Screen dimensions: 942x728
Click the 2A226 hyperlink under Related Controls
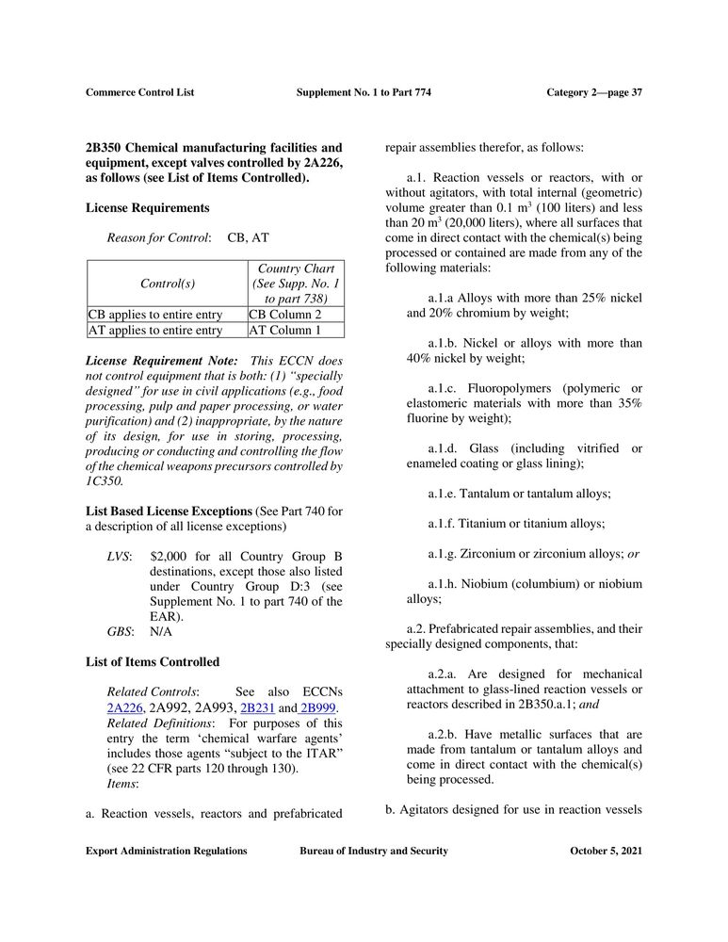(x=124, y=708)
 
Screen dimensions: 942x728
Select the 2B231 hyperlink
(x=257, y=708)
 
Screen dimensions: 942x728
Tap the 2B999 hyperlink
(x=318, y=708)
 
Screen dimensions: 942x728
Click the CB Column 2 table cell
(x=284, y=315)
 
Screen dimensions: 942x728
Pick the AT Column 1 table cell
(x=284, y=331)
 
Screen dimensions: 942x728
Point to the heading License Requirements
(x=147, y=207)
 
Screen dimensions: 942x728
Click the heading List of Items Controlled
(x=153, y=662)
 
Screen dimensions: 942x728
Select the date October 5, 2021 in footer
(x=606, y=851)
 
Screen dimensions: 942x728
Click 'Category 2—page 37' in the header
(x=593, y=92)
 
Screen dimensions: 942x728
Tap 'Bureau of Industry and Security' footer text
(x=374, y=851)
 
